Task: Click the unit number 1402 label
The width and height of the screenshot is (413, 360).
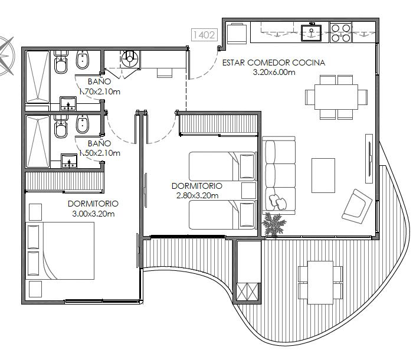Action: [x=204, y=35]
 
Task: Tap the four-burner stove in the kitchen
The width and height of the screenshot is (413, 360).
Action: [x=340, y=32]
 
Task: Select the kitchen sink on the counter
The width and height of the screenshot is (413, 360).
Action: [x=312, y=32]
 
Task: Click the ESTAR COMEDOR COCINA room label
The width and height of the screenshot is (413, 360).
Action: [x=274, y=63]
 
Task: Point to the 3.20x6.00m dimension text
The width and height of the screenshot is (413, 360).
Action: [x=274, y=72]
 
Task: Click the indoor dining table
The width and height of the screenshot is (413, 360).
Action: [x=336, y=97]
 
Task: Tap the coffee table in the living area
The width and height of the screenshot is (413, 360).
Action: [x=323, y=175]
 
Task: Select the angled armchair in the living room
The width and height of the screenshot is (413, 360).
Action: [x=357, y=207]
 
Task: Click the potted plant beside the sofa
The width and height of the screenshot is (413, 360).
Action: [x=274, y=224]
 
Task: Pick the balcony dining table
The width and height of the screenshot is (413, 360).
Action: [x=320, y=283]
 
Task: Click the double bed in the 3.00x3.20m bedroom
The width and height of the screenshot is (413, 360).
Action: [x=60, y=251]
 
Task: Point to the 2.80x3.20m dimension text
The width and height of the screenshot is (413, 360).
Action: [x=197, y=195]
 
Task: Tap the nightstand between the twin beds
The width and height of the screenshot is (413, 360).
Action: [x=248, y=190]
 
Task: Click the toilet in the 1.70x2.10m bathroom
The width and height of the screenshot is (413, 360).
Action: [x=61, y=62]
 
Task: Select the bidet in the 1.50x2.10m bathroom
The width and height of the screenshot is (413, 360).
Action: [x=83, y=124]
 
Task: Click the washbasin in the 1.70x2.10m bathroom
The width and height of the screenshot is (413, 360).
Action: [x=68, y=103]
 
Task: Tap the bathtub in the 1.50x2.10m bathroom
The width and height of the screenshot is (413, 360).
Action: [x=38, y=142]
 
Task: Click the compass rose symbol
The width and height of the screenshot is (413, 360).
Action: [x=6, y=56]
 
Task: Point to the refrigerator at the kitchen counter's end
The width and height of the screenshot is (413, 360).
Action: [x=237, y=34]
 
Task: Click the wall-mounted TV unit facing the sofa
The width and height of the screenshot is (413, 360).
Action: [x=369, y=159]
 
